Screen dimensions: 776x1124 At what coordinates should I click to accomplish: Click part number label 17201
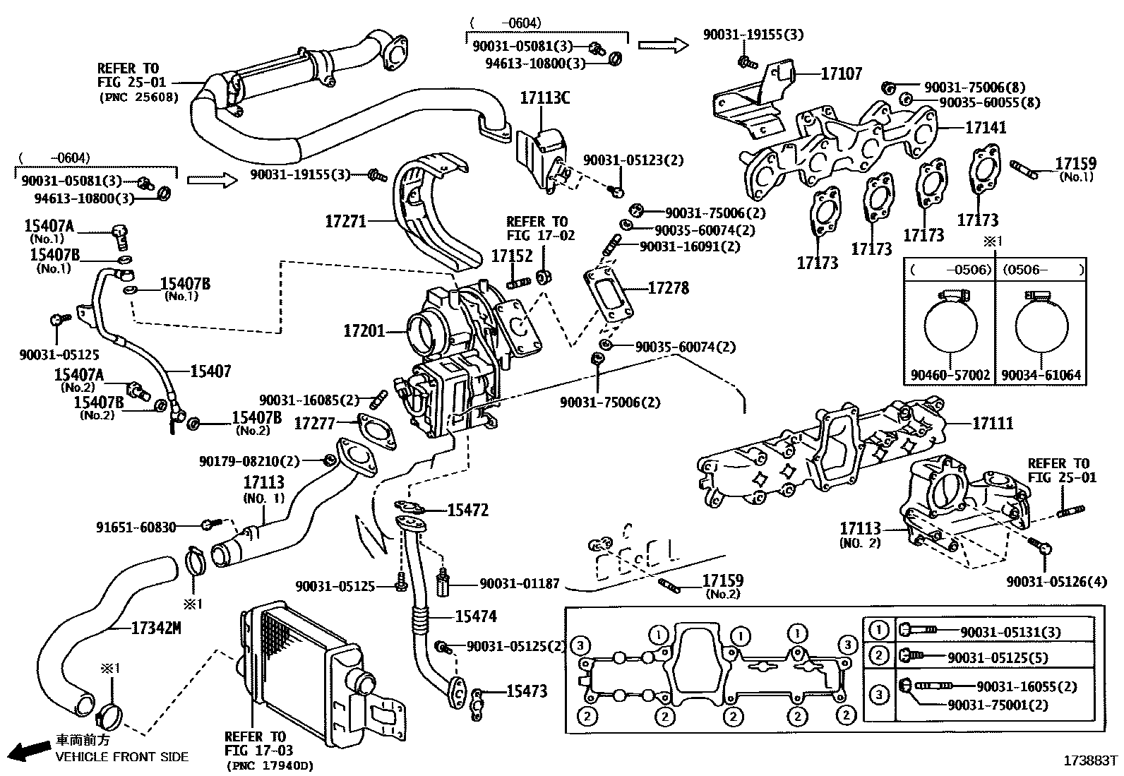coord(364,330)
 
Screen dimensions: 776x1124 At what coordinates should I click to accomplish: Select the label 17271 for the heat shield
coord(345,221)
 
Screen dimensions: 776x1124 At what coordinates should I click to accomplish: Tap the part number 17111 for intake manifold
coord(992,424)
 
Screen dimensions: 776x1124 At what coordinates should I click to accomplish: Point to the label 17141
coord(986,128)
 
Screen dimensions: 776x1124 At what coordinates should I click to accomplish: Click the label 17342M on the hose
coord(156,627)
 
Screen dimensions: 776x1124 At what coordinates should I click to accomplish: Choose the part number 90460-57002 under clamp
coord(950,375)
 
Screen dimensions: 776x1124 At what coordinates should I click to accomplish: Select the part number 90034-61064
coord(1041,375)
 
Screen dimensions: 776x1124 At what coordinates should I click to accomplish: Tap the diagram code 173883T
coord(1091,760)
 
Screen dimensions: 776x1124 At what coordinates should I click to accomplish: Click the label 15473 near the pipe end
coord(526,691)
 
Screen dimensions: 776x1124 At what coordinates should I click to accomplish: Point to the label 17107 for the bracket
coord(842,73)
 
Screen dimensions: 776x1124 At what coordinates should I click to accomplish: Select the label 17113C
coord(544,97)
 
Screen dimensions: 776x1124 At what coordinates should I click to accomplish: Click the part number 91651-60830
coord(136,527)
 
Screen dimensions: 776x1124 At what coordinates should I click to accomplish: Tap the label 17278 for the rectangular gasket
coord(668,288)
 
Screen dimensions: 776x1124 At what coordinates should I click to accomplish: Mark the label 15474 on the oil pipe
coord(476,616)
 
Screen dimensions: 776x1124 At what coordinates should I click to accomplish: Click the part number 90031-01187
coord(519,584)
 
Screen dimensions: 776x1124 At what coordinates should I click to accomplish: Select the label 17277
coord(315,423)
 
